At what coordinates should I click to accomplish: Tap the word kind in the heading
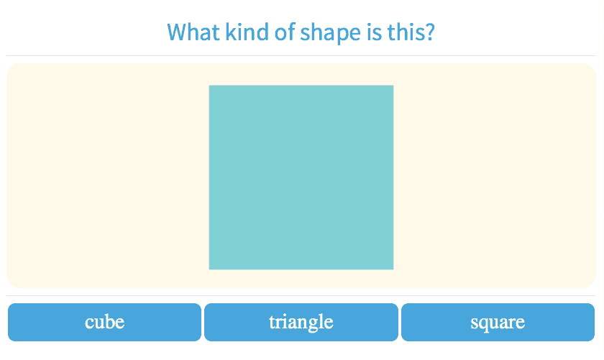click(247, 32)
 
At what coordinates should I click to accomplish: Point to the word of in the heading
click(285, 32)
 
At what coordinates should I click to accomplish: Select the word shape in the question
click(331, 33)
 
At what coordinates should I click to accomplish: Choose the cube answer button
click(104, 322)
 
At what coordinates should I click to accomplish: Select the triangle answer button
click(301, 322)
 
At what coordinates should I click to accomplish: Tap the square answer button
click(498, 322)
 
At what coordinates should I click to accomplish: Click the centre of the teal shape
click(301, 177)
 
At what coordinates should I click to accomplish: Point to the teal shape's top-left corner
click(209, 86)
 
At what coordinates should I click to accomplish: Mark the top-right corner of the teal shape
click(393, 86)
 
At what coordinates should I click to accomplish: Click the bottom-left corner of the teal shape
click(209, 269)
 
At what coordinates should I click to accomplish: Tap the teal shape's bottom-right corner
click(393, 269)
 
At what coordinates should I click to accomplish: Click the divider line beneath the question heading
click(301, 56)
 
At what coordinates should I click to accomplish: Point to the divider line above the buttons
click(301, 296)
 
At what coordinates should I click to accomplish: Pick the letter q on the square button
click(483, 324)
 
